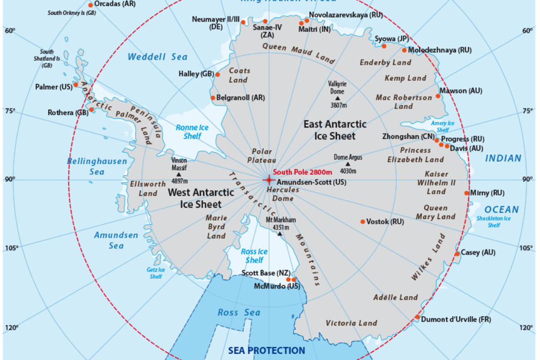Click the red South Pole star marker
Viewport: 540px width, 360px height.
tap(268, 180)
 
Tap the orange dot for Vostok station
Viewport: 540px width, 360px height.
tap(363, 222)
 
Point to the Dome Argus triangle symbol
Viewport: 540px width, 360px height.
tap(348, 164)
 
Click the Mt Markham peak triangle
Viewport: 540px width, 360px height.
tap(280, 234)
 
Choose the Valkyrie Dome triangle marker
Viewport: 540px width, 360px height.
tap(337, 97)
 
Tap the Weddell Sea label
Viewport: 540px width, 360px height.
tap(157, 57)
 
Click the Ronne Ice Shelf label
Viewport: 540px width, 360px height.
tap(188, 132)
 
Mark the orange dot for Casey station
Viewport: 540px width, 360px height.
tap(457, 254)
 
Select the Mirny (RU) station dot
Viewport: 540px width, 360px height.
tap(466, 193)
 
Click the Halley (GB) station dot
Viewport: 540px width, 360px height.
tap(218, 75)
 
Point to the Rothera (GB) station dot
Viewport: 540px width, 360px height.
tap(92, 109)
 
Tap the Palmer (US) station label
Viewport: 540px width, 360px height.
tap(53, 87)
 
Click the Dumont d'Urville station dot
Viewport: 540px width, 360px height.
tap(417, 317)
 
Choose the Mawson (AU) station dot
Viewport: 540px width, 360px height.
tap(438, 96)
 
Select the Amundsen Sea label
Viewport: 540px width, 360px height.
tap(116, 240)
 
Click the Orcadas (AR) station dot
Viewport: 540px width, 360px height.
tap(91, 5)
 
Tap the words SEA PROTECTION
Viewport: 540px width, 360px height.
tap(266, 351)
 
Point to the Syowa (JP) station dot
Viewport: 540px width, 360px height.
tap(384, 46)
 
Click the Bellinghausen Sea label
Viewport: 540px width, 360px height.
tap(97, 166)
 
